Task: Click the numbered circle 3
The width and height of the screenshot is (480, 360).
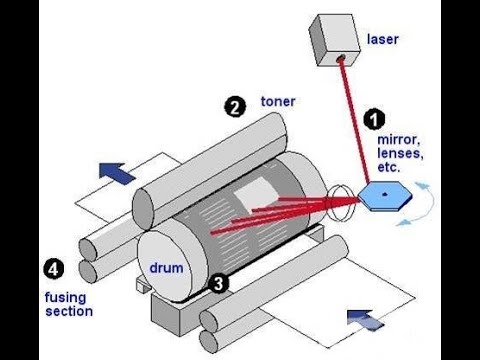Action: [217, 283]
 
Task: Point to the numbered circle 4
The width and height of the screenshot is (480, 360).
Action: [50, 267]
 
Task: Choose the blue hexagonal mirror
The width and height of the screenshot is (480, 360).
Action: [383, 194]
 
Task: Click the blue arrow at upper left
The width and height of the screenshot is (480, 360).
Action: [117, 171]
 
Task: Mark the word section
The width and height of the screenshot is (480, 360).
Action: [69, 311]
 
